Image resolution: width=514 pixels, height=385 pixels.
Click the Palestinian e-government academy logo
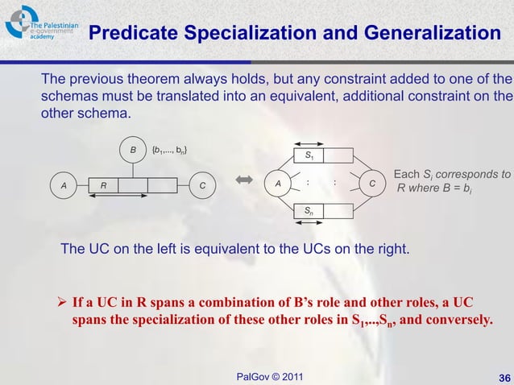(40, 24)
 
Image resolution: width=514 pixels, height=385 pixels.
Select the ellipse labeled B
(131, 150)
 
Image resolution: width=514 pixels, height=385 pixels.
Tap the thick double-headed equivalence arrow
(245, 184)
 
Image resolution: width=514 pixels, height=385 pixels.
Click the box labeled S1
(309, 155)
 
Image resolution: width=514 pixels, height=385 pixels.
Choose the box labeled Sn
(309, 211)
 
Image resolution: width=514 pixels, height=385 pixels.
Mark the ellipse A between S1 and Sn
(278, 184)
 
